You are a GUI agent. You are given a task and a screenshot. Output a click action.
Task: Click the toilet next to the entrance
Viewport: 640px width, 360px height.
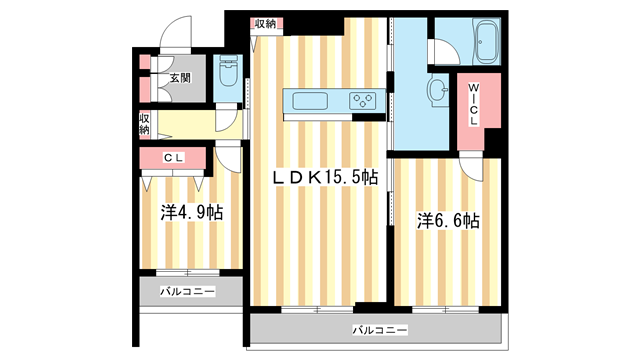(x=227, y=72)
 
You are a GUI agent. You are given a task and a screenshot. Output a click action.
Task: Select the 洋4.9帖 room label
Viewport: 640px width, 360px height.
(x=191, y=213)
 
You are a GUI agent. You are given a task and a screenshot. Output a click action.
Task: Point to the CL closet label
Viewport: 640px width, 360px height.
(x=173, y=157)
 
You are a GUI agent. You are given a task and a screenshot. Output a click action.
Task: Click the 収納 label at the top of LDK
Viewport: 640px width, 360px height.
(x=265, y=23)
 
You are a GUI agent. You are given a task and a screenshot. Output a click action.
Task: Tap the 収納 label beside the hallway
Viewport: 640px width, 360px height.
(x=144, y=123)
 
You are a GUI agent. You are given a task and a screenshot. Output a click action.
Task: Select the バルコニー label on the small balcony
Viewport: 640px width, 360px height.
(x=186, y=292)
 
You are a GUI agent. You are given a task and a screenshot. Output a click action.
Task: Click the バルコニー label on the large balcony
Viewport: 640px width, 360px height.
(x=379, y=329)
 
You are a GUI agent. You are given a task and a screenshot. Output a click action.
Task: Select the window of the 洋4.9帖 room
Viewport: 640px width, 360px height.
(x=186, y=272)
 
